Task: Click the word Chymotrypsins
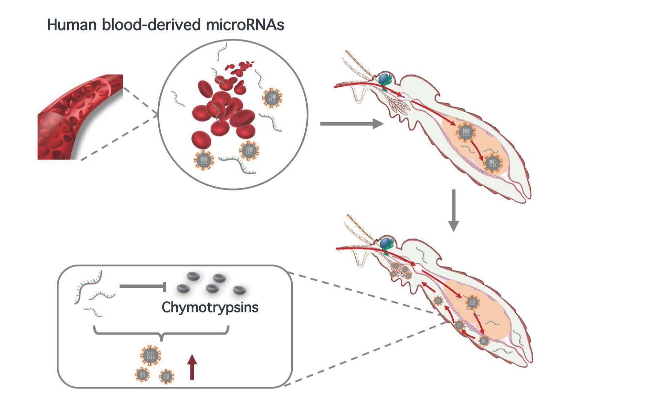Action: tap(210, 307)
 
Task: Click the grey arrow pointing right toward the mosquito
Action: tap(351, 123)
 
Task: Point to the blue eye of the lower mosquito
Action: tap(386, 242)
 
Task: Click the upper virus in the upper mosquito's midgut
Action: tap(466, 132)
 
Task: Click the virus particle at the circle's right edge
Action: tap(272, 98)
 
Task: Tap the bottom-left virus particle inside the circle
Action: tap(204, 160)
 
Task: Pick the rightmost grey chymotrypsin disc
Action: tap(239, 290)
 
